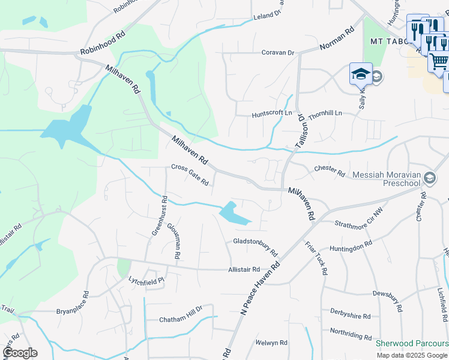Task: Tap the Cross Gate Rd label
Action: (x=190, y=175)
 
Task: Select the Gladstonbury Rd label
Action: (x=255, y=245)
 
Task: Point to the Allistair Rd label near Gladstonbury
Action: (x=244, y=270)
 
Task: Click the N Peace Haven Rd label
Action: (x=261, y=289)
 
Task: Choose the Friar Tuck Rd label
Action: (x=316, y=258)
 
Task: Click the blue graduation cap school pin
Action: (x=360, y=74)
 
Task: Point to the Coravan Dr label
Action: (x=278, y=53)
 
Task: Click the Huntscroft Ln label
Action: (x=271, y=113)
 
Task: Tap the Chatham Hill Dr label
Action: (x=181, y=319)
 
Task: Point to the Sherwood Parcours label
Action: (x=412, y=344)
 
